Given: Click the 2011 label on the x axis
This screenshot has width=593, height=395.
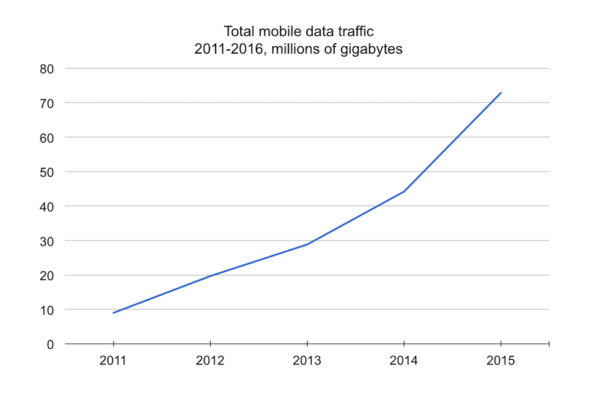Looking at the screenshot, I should coord(113,360).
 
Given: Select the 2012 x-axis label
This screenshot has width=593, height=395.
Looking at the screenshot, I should coord(210,360).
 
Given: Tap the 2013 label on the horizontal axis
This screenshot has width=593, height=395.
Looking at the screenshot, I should coord(307,360).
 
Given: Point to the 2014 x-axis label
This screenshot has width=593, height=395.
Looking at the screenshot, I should coord(404,360).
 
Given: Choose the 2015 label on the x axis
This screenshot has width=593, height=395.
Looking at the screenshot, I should coord(500,360).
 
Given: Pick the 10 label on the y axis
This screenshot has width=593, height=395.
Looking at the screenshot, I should coord(48,310).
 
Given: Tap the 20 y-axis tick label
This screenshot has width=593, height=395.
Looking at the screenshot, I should coord(48,275).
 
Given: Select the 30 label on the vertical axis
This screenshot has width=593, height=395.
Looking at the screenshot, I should coord(48,241).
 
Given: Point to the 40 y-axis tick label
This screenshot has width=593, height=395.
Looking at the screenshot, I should coord(48,206).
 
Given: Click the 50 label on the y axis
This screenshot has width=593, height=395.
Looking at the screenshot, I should coord(48,172).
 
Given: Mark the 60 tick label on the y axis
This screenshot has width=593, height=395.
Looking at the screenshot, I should coord(48,137).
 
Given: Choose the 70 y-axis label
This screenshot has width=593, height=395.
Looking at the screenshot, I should coord(48,103).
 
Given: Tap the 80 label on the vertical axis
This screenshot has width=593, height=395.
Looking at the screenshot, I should coord(48,69).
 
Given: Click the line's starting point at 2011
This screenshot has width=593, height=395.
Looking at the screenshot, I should coord(114,313).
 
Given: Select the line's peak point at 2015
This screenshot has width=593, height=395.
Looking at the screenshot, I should coord(500,93).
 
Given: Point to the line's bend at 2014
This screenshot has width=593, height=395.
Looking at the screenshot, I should coord(404,191).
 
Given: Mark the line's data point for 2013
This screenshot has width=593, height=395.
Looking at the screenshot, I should coord(307,244).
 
